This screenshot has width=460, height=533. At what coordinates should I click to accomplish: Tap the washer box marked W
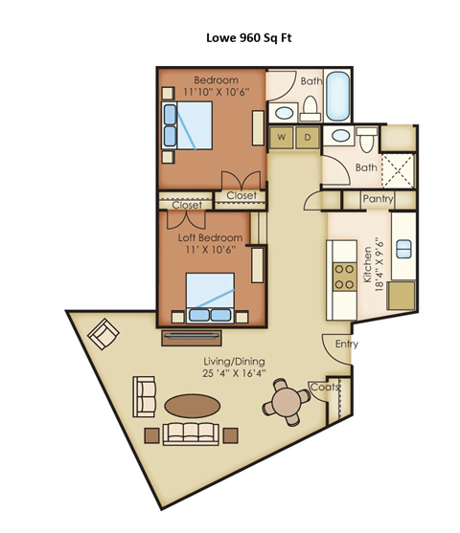tap(283, 137)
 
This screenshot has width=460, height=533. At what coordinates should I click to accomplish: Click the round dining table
tap(286, 404)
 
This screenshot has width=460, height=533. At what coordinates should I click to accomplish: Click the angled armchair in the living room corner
tap(103, 334)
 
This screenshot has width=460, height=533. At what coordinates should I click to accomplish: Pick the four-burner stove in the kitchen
tap(342, 276)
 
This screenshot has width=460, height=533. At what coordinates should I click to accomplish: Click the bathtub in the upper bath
tap(339, 97)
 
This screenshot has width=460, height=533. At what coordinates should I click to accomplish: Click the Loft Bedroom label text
tap(211, 236)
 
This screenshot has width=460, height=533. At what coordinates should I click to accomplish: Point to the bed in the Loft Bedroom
tap(210, 298)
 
